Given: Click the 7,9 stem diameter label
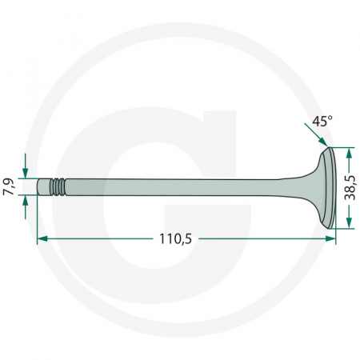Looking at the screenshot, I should click(9, 186).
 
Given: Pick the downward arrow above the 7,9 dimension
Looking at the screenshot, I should click(26, 171).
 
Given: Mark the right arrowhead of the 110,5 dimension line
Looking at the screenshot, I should click(330, 238).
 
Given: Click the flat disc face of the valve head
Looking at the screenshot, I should click(330, 186).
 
